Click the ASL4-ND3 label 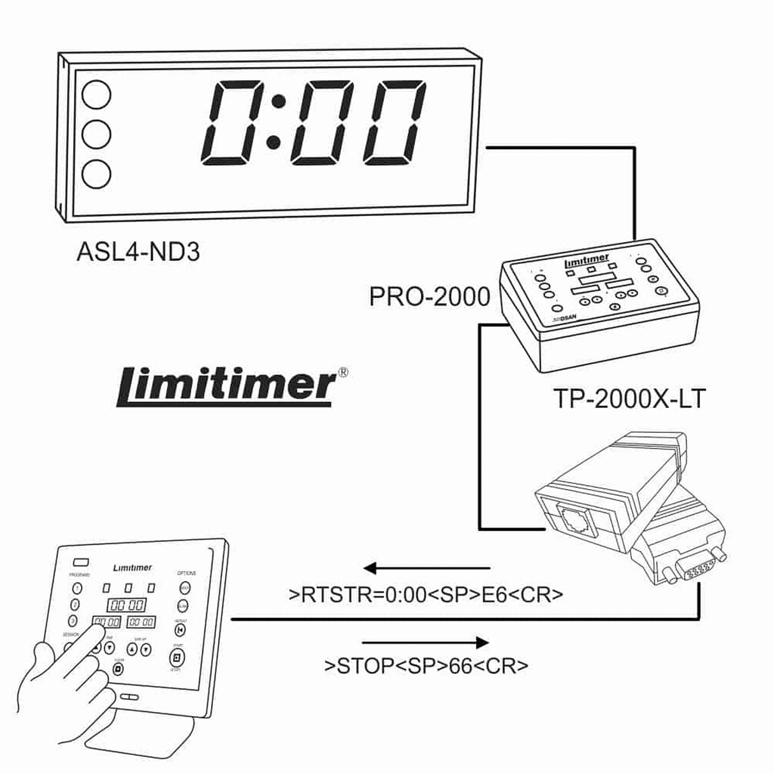coord(138,252)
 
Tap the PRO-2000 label coord(430,296)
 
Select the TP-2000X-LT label coord(629,399)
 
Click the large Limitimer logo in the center coord(226,386)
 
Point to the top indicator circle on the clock coord(96,94)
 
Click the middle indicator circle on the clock coord(96,134)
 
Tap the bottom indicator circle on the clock coord(96,173)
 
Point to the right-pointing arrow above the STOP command coord(426,643)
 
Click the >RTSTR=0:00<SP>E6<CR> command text coord(426,595)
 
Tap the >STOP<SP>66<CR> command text coord(426,666)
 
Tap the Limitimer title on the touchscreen coord(132,567)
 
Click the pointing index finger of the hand coord(96,634)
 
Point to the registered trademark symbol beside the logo coord(342,372)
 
